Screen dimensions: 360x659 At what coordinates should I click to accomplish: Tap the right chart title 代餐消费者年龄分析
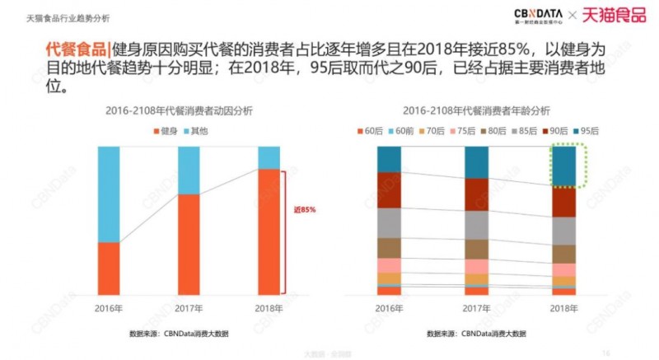[476, 110]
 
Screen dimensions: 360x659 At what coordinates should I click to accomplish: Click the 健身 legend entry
[168, 130]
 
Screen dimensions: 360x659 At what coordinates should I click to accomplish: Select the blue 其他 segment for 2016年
[119, 194]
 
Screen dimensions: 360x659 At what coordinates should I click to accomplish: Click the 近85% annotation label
[304, 210]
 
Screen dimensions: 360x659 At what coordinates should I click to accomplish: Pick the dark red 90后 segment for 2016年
[389, 189]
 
